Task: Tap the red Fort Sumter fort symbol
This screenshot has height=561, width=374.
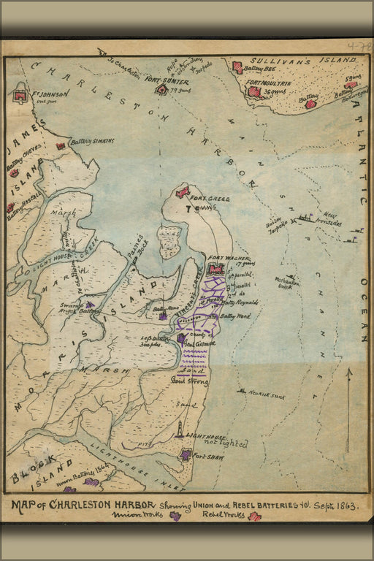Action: (161, 89)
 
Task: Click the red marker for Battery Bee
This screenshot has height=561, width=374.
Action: (237, 67)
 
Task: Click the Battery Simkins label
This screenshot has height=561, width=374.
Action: (91, 142)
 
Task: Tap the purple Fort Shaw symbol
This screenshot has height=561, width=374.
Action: (186, 454)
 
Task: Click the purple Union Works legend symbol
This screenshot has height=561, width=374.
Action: (175, 516)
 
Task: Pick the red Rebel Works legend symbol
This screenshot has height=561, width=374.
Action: (254, 516)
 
